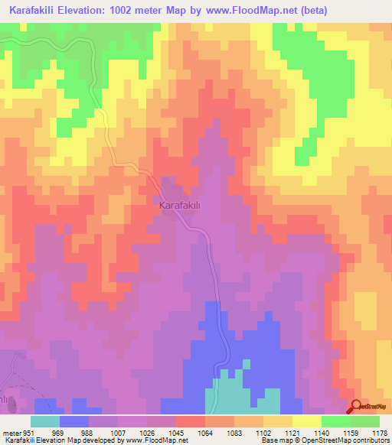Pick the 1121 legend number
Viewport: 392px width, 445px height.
(305, 433)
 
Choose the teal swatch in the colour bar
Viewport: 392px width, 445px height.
(45, 421)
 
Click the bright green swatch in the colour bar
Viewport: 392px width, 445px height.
(336, 421)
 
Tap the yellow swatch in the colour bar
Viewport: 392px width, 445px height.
(307, 421)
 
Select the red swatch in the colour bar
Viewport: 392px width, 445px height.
(191, 421)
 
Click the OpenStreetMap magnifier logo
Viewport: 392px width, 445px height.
(358, 407)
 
